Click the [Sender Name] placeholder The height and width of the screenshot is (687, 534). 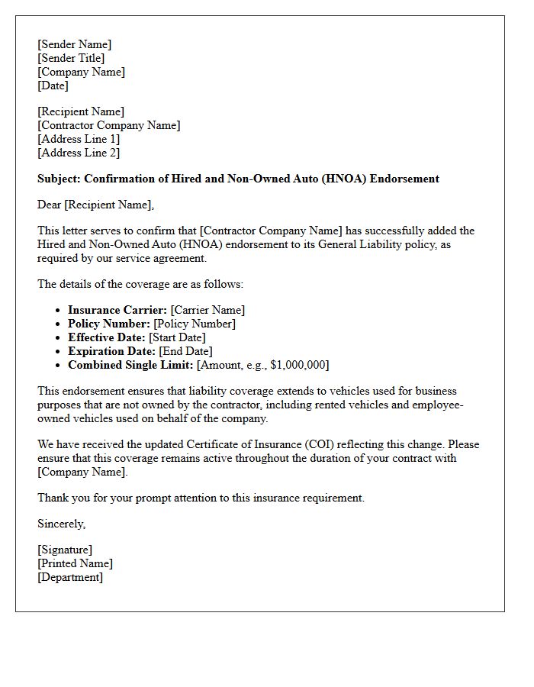(74, 44)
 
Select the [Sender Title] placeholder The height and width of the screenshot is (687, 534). (71, 58)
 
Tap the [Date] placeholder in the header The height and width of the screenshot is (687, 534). (53, 85)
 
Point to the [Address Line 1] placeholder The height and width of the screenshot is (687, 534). (79, 139)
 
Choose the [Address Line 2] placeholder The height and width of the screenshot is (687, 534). (79, 153)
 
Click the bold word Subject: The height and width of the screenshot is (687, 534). (59, 179)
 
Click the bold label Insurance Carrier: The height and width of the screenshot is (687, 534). (117, 310)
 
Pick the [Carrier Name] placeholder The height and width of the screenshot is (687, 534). (207, 310)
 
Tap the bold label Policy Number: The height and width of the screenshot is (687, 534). (109, 324)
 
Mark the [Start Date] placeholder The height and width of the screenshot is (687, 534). (177, 337)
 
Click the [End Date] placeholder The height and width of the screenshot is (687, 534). (185, 351)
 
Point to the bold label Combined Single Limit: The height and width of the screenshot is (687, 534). (130, 365)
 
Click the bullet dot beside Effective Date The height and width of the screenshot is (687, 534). (59, 338)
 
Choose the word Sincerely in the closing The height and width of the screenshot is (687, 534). (61, 524)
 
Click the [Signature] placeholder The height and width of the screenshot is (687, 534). (65, 550)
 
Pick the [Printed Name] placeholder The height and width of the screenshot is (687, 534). (75, 563)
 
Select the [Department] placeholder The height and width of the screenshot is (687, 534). (70, 577)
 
